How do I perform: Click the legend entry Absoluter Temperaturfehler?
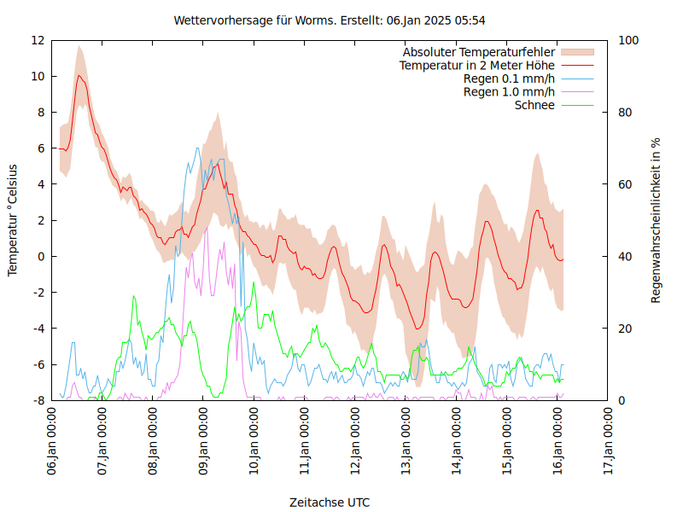[479, 52]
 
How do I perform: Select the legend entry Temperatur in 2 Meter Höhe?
[477, 65]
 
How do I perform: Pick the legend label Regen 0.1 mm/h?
[509, 79]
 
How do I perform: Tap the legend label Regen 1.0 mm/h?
[509, 92]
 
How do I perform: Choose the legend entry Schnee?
[534, 105]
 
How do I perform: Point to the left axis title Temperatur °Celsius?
[13, 219]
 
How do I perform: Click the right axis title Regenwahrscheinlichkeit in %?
[656, 219]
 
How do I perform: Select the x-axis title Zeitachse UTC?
[330, 502]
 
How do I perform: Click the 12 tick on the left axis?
[38, 40]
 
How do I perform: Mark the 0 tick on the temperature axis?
[41, 256]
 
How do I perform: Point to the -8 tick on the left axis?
[38, 400]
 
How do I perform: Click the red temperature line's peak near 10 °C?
[79, 75]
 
